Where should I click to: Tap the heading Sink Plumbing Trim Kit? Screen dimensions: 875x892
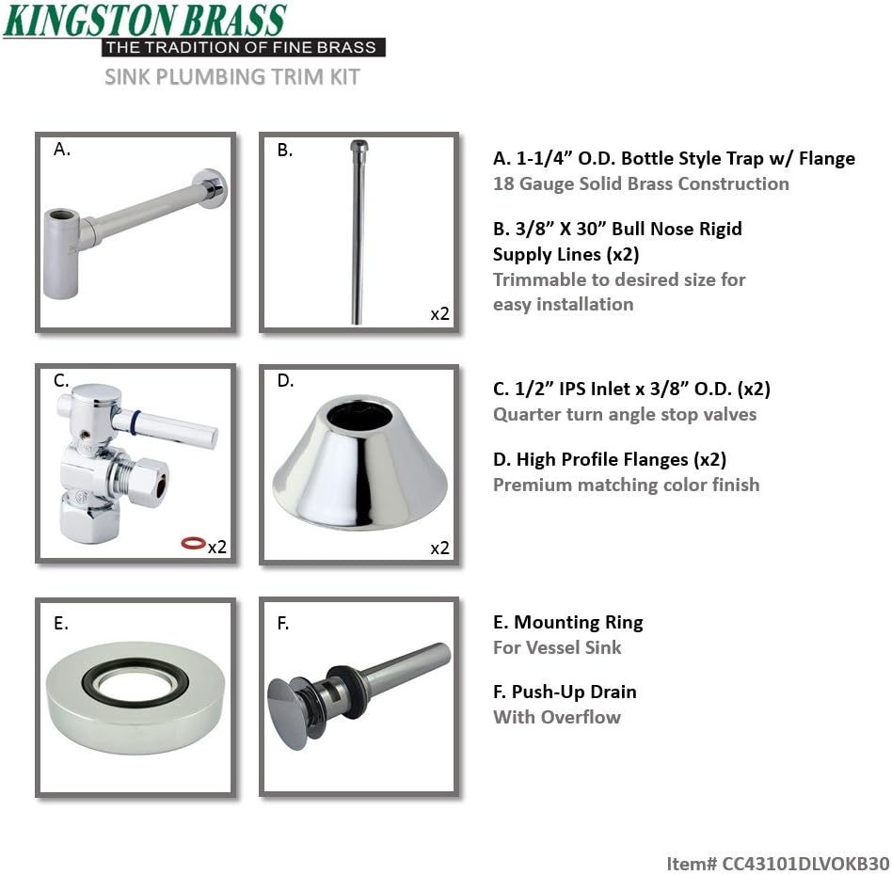click(x=231, y=76)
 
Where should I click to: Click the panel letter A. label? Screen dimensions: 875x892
click(x=62, y=149)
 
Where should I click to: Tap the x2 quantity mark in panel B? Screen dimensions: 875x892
click(x=439, y=314)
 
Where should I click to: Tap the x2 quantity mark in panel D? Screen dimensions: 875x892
click(x=439, y=548)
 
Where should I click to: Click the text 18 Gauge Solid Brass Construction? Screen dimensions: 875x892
click(x=640, y=183)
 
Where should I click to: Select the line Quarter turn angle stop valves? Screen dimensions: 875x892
click(x=624, y=414)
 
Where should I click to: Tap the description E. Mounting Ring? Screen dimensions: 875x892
click(x=567, y=622)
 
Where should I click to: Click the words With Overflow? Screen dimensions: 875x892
click(x=556, y=717)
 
